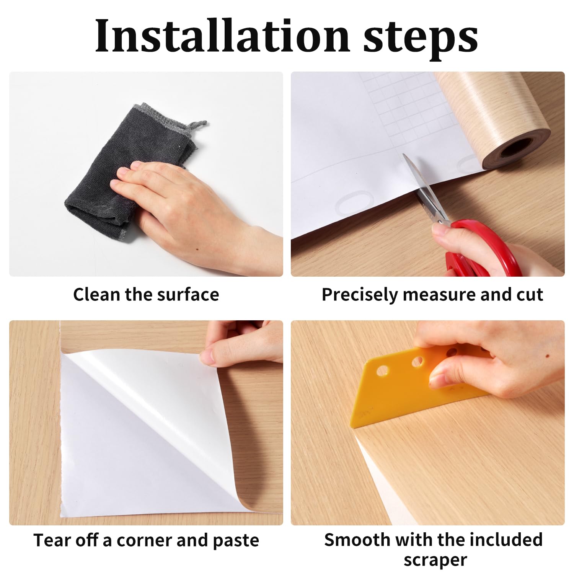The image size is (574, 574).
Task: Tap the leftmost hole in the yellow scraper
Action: click(x=382, y=370)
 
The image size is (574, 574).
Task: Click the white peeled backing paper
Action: click(x=126, y=432)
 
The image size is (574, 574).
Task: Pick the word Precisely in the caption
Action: click(x=360, y=295)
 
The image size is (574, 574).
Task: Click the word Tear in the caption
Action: click(x=52, y=540)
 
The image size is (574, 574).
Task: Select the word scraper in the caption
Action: click(x=435, y=559)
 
